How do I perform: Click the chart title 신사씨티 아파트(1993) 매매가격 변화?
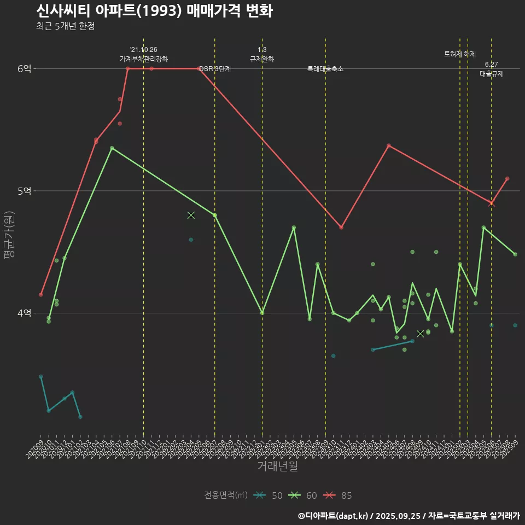click(x=154, y=11)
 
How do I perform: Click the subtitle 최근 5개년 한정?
click(x=65, y=26)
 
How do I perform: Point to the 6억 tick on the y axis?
click(x=25, y=68)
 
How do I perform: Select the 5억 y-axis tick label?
click(x=25, y=191)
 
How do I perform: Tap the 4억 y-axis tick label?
click(x=25, y=313)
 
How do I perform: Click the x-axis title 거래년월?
click(x=278, y=466)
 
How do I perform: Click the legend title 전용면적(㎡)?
click(x=225, y=495)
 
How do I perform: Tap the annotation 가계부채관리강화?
click(x=144, y=59)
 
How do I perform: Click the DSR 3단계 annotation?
click(x=215, y=69)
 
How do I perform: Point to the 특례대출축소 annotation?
click(x=325, y=69)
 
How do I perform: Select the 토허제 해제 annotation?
click(x=460, y=54)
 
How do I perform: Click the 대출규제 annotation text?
click(x=492, y=74)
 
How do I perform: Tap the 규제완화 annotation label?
click(x=262, y=59)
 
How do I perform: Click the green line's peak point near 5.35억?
click(x=112, y=148)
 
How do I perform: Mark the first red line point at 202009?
click(x=40, y=295)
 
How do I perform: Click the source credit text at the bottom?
click(x=409, y=515)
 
